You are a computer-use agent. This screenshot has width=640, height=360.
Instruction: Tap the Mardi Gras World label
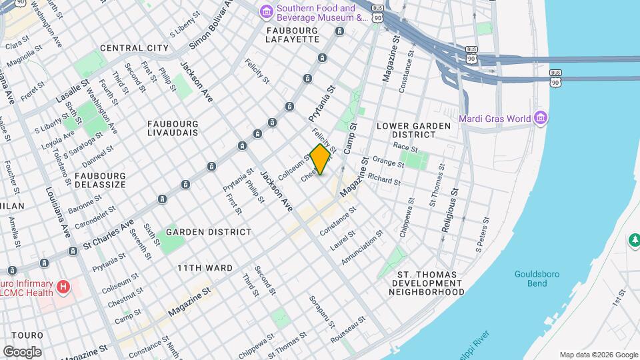494,119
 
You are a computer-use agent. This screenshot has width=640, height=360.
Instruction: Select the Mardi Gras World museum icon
541,119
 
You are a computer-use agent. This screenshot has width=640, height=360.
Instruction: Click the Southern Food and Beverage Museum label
322,13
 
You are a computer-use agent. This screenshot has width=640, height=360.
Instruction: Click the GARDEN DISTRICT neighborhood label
209,232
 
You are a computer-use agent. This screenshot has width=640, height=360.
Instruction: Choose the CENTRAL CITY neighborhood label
134,48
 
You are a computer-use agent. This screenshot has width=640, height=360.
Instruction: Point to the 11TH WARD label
205,268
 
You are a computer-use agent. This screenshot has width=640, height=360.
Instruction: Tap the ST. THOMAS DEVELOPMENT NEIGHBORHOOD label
427,283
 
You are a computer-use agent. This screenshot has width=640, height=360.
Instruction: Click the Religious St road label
451,209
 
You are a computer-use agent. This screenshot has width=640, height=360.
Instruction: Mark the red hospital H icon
63,287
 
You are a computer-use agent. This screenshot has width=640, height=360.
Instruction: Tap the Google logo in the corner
22,351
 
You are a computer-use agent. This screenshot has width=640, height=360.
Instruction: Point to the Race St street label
405,147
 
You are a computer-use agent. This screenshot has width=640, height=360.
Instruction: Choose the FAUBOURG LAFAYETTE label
293,35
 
